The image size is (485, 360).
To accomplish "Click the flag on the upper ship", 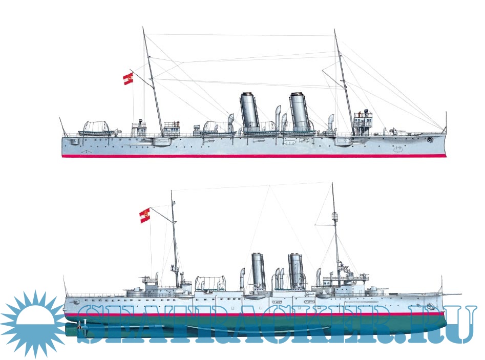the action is (128, 78).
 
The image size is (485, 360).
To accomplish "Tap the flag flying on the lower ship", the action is (145, 215).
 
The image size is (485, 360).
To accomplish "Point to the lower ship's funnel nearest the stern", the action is (258, 270).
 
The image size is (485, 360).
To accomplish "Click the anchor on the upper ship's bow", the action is (430, 139).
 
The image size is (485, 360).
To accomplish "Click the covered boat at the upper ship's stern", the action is (96, 129).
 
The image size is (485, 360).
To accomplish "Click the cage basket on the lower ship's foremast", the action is (334, 216).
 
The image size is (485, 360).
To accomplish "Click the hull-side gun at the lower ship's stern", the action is (74, 301).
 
